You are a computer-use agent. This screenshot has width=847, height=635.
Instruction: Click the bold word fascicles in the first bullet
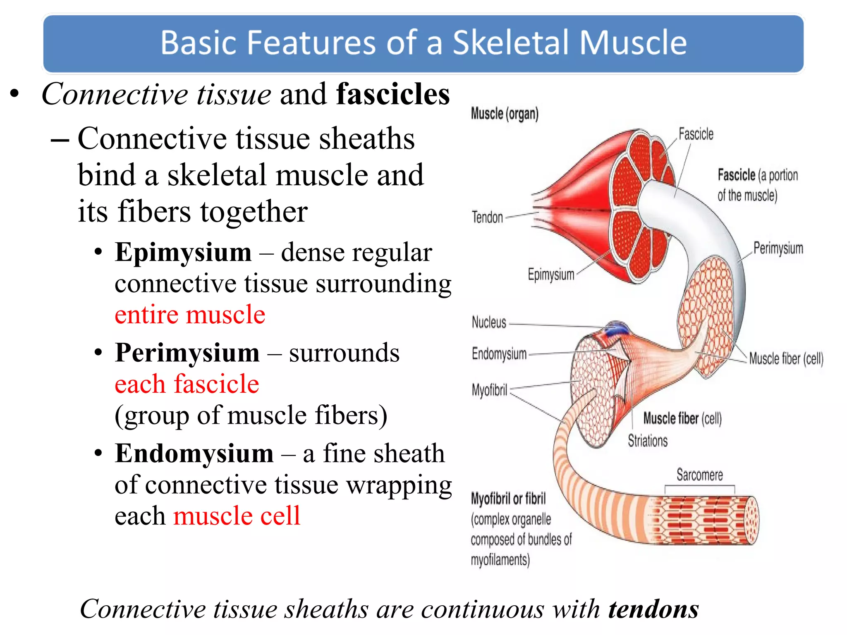click(x=392, y=94)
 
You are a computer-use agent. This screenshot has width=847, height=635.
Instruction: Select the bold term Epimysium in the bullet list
click(x=183, y=252)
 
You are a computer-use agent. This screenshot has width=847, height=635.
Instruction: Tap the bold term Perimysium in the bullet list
click(x=187, y=353)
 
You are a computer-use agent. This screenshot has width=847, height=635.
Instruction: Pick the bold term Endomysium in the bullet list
click(x=194, y=454)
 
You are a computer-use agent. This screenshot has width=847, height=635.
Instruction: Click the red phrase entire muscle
click(x=190, y=315)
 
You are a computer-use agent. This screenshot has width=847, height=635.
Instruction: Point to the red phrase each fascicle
click(x=187, y=384)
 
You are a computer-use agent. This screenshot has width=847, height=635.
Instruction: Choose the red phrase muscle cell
click(x=237, y=516)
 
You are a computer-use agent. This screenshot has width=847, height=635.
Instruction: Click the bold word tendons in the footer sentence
click(x=653, y=609)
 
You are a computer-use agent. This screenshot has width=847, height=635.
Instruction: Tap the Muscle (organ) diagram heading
click(x=505, y=113)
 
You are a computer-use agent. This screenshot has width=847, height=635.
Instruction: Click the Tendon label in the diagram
click(x=487, y=217)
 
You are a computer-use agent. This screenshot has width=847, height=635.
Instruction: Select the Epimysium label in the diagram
click(x=551, y=275)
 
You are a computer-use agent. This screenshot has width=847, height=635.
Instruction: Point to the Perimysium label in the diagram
click(x=778, y=248)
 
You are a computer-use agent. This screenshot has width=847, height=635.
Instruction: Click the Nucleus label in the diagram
click(x=489, y=322)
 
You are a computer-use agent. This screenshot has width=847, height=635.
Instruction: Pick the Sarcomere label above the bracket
click(x=699, y=475)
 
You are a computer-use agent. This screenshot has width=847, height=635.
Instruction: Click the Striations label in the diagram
click(x=648, y=441)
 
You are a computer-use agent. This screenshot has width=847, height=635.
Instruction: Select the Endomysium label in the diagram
click(x=499, y=354)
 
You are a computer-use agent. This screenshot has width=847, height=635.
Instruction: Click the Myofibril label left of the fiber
click(x=489, y=389)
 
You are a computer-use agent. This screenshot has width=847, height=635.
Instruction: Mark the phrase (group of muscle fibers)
click(x=251, y=415)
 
